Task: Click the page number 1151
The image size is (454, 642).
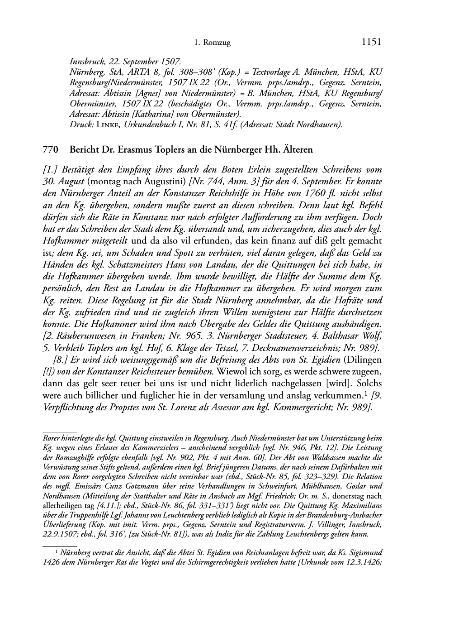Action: [x=372, y=42]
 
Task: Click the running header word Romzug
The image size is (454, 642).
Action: [x=218, y=43]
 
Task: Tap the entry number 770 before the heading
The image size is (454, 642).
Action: [x=49, y=149]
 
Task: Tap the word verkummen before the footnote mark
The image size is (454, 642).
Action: [x=338, y=395]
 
